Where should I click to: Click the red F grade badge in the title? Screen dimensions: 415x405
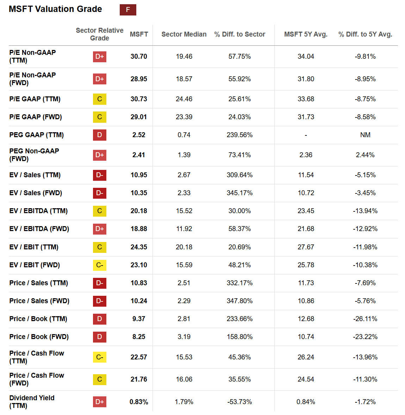(x=128, y=10)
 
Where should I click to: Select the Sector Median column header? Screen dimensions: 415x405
(x=184, y=34)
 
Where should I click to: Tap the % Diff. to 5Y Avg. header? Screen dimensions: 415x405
(x=365, y=34)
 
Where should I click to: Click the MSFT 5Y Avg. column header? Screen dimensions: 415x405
(x=306, y=34)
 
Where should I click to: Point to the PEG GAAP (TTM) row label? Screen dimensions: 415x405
(x=37, y=135)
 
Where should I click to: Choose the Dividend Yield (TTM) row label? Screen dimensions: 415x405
(x=32, y=402)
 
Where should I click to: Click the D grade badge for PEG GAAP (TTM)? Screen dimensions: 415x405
(x=100, y=135)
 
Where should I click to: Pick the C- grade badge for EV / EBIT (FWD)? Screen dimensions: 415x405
(x=100, y=265)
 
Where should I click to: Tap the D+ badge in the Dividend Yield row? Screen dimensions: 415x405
(x=100, y=402)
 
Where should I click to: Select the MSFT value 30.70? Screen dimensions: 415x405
(x=139, y=56)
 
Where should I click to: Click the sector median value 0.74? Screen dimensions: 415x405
(x=184, y=135)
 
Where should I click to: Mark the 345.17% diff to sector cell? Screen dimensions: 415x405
(x=239, y=193)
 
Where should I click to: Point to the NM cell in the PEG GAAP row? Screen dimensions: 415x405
(x=365, y=135)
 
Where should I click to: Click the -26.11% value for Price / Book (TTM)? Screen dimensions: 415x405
(x=365, y=319)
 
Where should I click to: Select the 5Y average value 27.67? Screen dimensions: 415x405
(x=306, y=247)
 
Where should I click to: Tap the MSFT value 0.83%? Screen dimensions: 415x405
(x=139, y=402)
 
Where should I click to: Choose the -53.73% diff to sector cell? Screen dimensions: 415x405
(x=239, y=402)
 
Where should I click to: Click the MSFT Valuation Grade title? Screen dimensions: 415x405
(x=55, y=9)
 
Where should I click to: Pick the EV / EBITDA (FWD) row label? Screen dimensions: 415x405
(x=39, y=229)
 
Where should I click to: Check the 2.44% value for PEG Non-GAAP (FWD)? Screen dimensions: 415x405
(x=365, y=155)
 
